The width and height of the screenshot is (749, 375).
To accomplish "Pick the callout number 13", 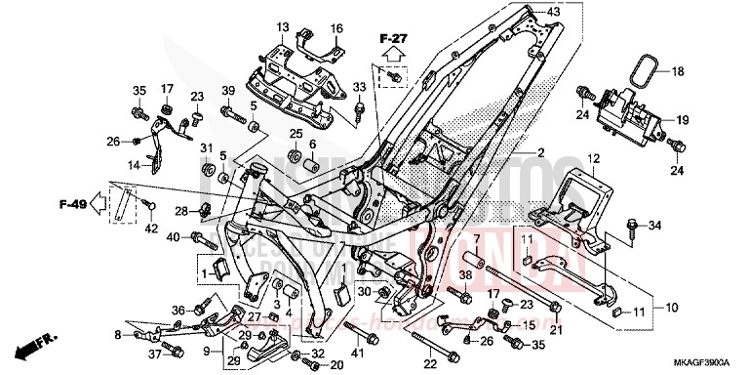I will [x=283, y=26].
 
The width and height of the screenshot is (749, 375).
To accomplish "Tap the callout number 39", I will [x=227, y=91].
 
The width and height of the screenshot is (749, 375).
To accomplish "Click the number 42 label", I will [x=151, y=229].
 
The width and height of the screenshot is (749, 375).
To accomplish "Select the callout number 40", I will [x=172, y=237].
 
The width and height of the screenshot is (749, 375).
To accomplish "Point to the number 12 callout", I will [x=591, y=158].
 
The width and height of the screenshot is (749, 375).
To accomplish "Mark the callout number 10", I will [x=672, y=307].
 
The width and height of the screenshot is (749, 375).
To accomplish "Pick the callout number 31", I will [x=207, y=147].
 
